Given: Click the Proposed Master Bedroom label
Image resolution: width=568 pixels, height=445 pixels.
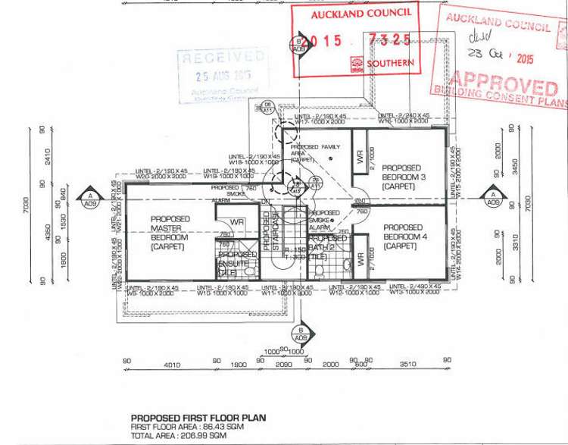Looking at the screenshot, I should pos(170,233).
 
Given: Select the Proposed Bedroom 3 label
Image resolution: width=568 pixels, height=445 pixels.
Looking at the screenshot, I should pos(402,177).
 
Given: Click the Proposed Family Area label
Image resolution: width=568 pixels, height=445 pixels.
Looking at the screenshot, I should pos(316,152).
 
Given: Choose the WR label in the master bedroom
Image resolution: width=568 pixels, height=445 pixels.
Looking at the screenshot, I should pos(237,222).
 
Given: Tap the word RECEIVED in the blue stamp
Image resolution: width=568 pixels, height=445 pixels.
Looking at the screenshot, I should pos(223,58).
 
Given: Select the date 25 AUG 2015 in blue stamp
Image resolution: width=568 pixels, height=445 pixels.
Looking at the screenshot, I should pos(223,75).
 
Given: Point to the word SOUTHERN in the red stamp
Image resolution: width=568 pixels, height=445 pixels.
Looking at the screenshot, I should pos(391,64).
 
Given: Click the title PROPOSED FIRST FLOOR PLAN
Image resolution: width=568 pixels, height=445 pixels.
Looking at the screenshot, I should pos(198,418).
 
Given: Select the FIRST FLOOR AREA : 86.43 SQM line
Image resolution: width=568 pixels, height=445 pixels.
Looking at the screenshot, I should pos(191,427).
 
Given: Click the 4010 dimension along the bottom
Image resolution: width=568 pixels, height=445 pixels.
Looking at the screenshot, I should pos(172,365).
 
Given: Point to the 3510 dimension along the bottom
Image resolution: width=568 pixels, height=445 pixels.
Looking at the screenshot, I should pos(409,365).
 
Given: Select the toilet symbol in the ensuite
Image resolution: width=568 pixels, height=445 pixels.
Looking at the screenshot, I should pos(249,269).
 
